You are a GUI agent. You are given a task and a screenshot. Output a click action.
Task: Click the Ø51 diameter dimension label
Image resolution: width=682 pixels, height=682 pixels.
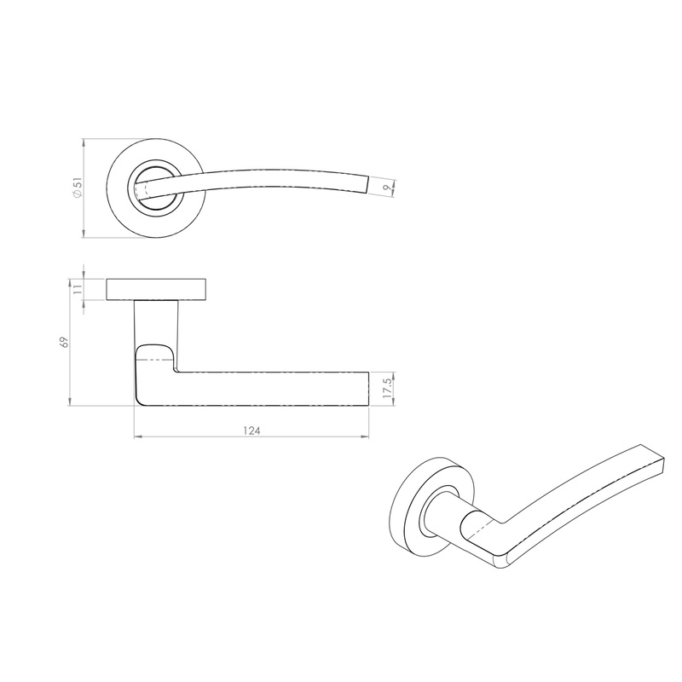click(x=78, y=188)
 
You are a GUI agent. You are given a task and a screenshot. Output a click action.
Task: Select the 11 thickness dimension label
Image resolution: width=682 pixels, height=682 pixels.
click(x=78, y=290)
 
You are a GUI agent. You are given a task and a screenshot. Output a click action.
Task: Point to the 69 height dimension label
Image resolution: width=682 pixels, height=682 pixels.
click(x=62, y=342)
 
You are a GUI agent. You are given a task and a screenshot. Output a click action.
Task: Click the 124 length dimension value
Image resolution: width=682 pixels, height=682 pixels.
click(x=251, y=431)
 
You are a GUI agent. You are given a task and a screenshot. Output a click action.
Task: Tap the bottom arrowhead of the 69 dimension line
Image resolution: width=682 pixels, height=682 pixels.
click(x=68, y=403)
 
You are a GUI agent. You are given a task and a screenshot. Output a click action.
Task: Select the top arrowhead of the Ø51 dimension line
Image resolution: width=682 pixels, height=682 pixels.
click(x=84, y=142)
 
